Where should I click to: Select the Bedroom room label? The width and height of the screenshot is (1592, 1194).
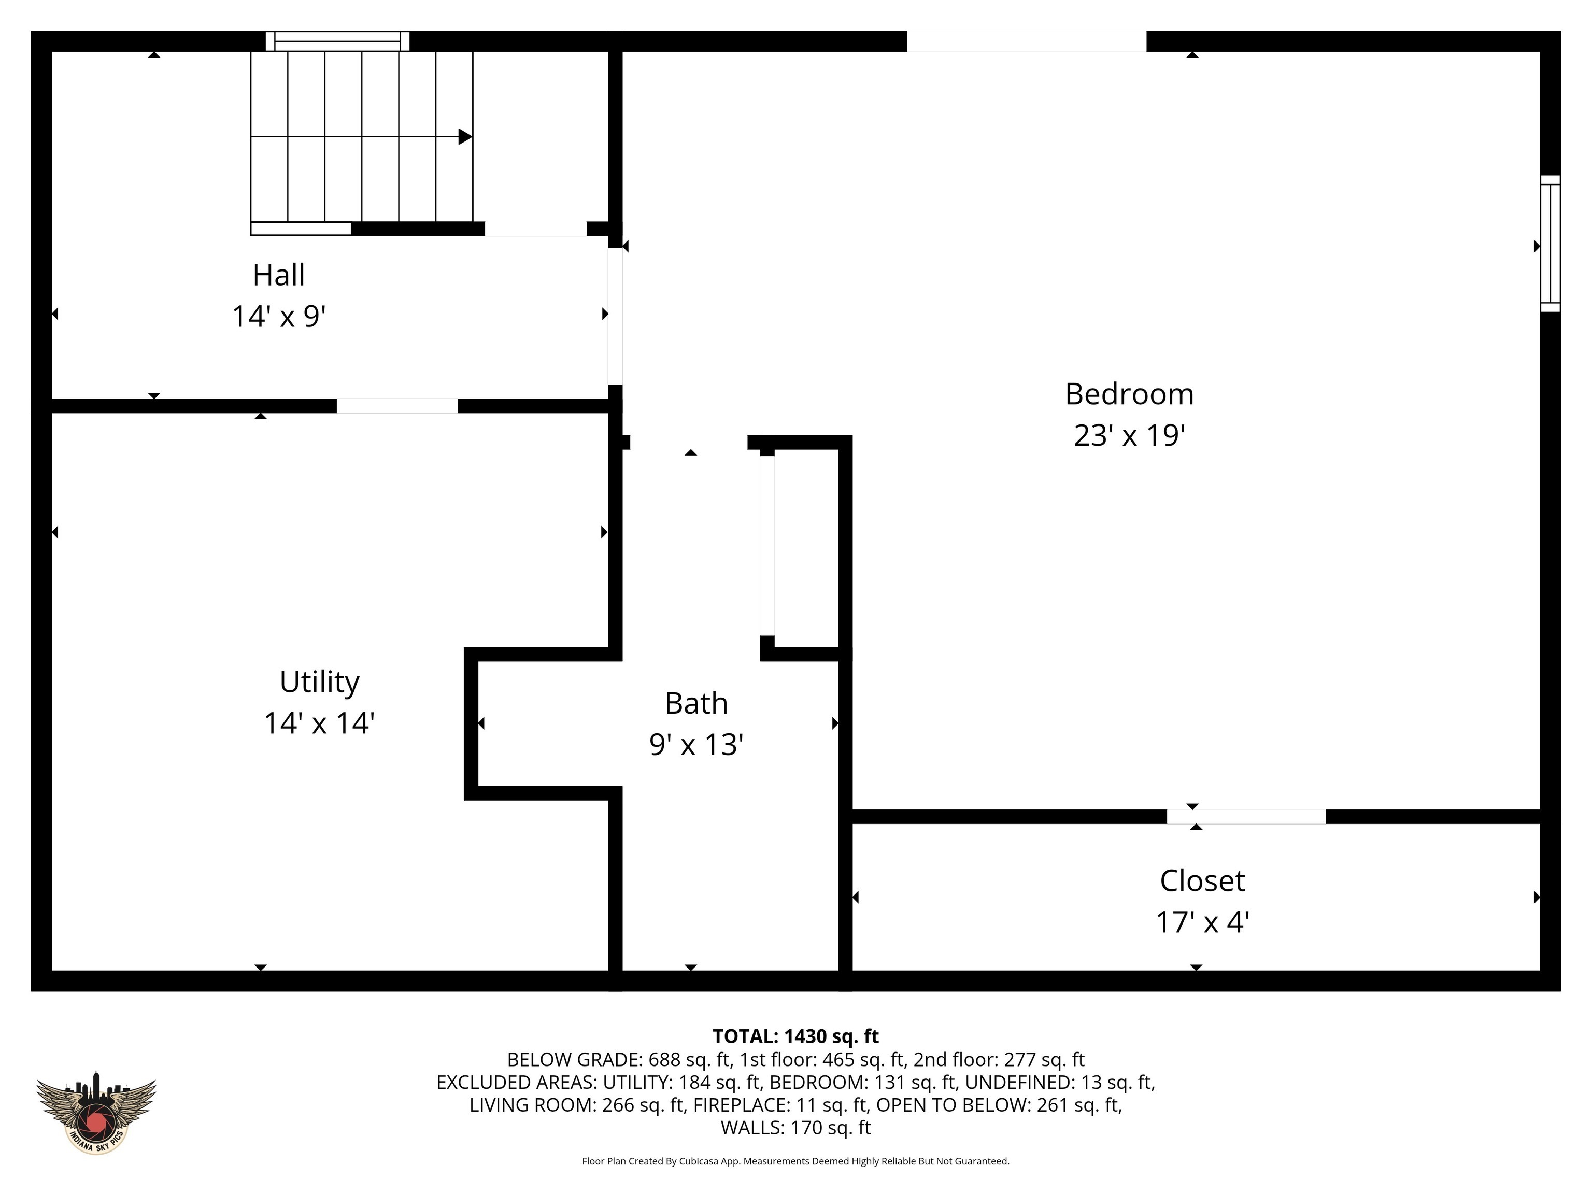pyautogui.click(x=1129, y=394)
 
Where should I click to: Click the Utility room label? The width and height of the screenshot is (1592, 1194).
pyautogui.click(x=319, y=681)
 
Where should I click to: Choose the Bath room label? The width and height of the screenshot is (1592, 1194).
pyautogui.click(x=695, y=703)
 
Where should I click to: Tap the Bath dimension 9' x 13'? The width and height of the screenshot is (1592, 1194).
pyautogui.click(x=695, y=745)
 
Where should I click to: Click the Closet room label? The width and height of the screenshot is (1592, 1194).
pyautogui.click(x=1202, y=880)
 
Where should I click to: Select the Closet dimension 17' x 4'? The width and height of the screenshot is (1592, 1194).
pyautogui.click(x=1202, y=922)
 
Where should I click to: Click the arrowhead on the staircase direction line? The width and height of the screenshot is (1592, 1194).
pyautogui.click(x=465, y=137)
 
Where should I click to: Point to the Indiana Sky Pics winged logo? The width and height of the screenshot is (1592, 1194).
pyautogui.click(x=96, y=1112)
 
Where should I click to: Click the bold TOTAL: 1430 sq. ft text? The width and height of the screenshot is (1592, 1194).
pyautogui.click(x=795, y=1036)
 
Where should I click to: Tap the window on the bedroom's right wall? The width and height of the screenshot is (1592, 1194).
pyautogui.click(x=1550, y=243)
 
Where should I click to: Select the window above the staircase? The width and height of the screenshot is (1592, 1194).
pyautogui.click(x=337, y=41)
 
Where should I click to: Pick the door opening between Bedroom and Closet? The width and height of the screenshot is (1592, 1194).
pyautogui.click(x=1246, y=817)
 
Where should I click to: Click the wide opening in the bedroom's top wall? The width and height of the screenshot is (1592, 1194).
pyautogui.click(x=1026, y=41)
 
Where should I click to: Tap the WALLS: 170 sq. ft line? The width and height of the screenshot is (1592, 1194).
pyautogui.click(x=795, y=1128)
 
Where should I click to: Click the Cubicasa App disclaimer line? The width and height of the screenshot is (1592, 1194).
pyautogui.click(x=795, y=1161)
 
